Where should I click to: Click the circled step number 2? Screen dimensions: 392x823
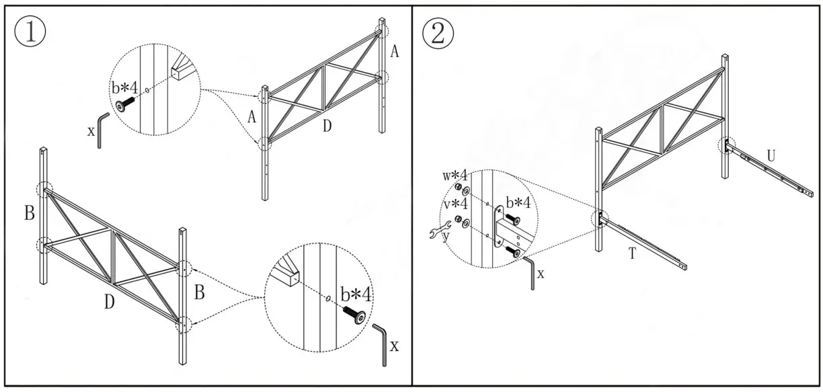click(x=438, y=32)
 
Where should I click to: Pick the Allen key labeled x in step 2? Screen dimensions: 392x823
click(x=532, y=273)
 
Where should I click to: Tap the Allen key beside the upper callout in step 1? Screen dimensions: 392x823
click(x=101, y=130)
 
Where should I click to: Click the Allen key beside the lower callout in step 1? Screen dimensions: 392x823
click(x=381, y=344)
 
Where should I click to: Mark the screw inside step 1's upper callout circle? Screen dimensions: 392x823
click(x=125, y=103)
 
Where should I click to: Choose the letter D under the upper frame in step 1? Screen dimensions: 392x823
click(x=326, y=126)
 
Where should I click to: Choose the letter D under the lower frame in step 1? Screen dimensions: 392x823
click(x=109, y=302)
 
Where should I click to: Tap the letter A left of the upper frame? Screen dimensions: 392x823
click(x=251, y=117)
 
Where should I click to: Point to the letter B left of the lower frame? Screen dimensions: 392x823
click(x=30, y=214)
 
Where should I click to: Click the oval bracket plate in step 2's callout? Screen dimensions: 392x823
click(x=501, y=228)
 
